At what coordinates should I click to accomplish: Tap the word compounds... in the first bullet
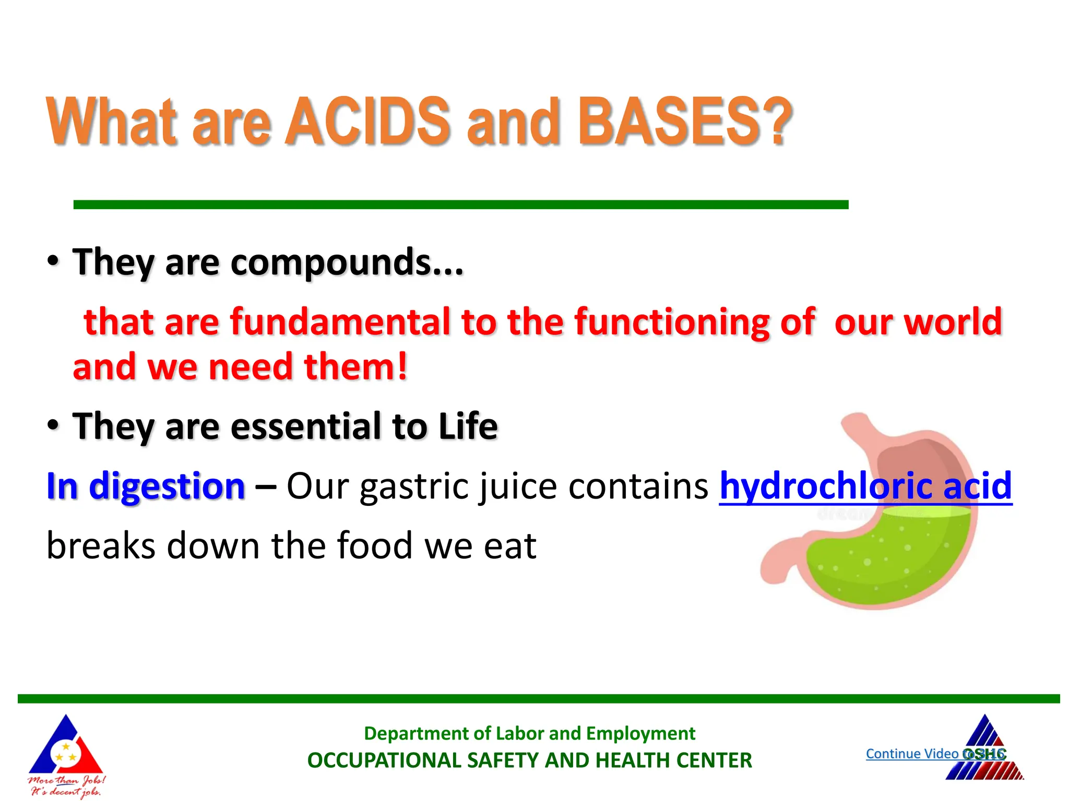(x=347, y=262)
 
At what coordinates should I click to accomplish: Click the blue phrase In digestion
(x=146, y=486)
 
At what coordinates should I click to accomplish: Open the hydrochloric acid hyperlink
(x=865, y=486)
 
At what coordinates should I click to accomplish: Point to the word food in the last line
(x=375, y=545)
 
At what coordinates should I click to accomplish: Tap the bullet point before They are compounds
(x=53, y=261)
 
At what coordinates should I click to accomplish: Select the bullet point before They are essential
(x=53, y=425)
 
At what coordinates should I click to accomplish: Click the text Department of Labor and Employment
(x=529, y=733)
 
